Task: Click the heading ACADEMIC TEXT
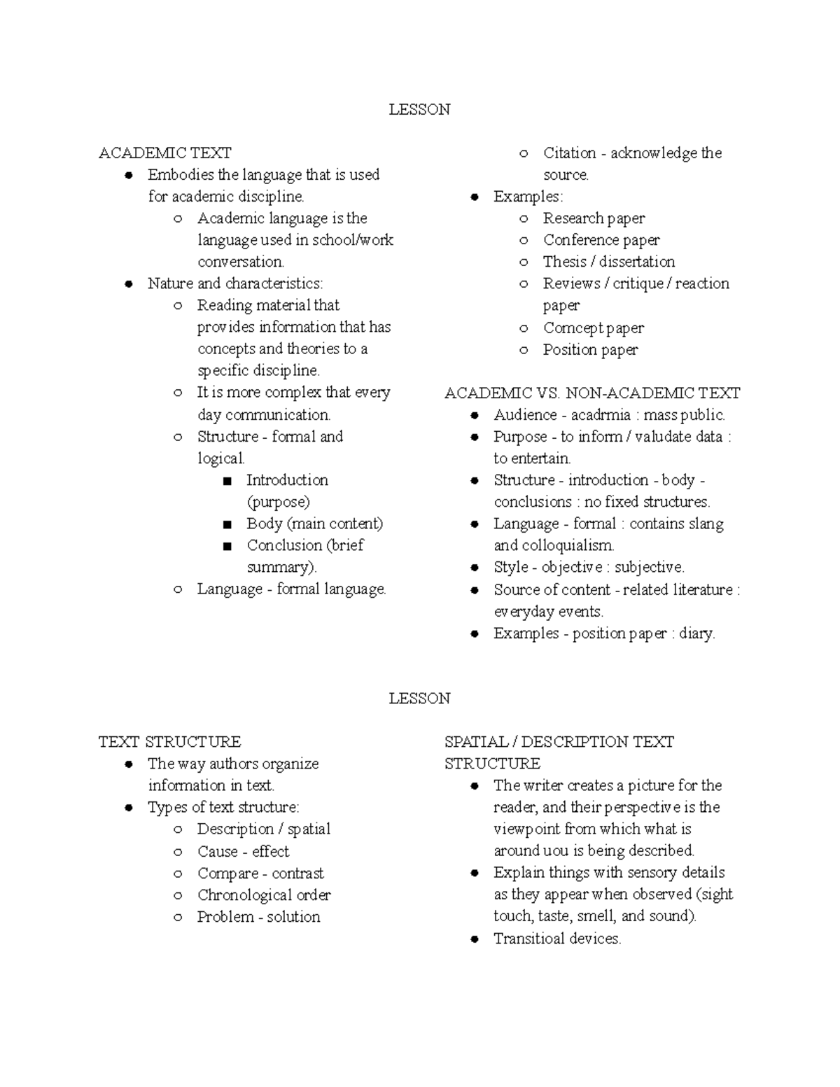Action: pos(164,153)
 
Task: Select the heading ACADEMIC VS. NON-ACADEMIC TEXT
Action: pos(592,393)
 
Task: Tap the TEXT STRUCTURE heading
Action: pos(169,741)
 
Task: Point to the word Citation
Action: pos(569,153)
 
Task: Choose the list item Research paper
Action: pos(594,218)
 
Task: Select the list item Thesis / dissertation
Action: pos(608,262)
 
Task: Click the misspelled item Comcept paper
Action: pos(593,328)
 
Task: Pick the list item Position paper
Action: pos(590,349)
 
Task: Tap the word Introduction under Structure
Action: pos(287,480)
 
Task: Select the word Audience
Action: pos(525,415)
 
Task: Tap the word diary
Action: pos(696,633)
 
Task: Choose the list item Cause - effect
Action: pos(243,851)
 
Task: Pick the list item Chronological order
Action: pos(264,895)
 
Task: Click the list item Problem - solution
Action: pos(258,917)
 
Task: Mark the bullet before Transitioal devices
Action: pos(475,939)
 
